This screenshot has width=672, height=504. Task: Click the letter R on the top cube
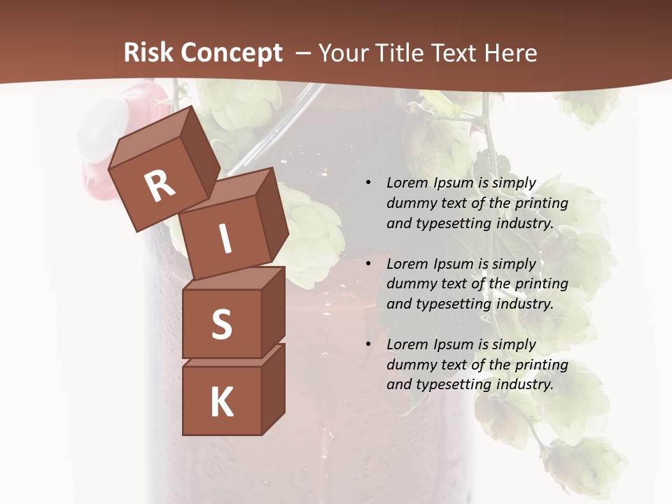coord(160,185)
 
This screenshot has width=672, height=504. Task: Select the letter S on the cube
coord(221,324)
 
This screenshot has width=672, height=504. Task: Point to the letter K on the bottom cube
coord(221,402)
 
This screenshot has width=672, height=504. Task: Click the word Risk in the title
coord(150,53)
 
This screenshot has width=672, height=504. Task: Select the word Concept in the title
coord(232,53)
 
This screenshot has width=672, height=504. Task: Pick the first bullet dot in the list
coord(367,183)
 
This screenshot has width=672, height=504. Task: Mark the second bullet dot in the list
coord(367,264)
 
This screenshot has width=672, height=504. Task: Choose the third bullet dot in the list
coord(367,344)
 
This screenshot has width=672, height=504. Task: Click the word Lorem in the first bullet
coord(406,183)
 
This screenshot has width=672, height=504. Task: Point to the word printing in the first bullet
coord(541,204)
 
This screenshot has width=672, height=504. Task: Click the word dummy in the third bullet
coord(409,365)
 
